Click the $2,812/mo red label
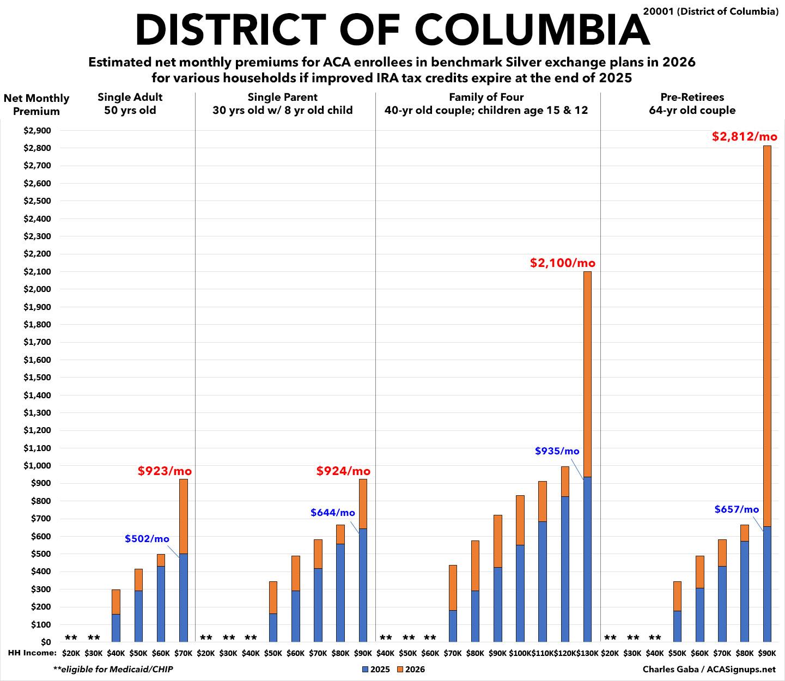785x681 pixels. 744,136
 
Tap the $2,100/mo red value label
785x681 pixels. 563,263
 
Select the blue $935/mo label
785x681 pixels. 557,451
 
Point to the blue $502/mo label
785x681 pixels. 147,539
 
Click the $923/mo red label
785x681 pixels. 165,471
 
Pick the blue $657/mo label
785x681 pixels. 737,509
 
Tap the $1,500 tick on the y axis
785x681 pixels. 36,377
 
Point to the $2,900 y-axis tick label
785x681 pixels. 36,130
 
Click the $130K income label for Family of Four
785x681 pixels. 587,653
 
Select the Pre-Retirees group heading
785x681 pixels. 692,104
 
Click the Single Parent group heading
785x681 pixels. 282,104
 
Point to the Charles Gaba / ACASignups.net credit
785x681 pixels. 709,669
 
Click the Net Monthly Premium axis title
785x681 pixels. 36,105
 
